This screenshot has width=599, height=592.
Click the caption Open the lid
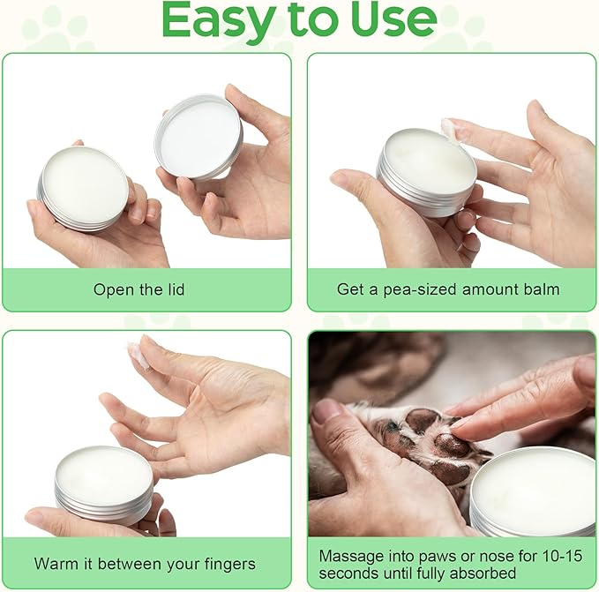[139, 289]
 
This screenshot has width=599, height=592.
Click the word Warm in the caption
[55, 563]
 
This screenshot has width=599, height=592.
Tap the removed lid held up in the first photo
[198, 137]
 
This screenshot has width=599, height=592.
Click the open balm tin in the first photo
[84, 188]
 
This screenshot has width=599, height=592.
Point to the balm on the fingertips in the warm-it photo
[138, 353]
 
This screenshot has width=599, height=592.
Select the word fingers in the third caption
[228, 563]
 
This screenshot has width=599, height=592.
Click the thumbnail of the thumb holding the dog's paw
[327, 411]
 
